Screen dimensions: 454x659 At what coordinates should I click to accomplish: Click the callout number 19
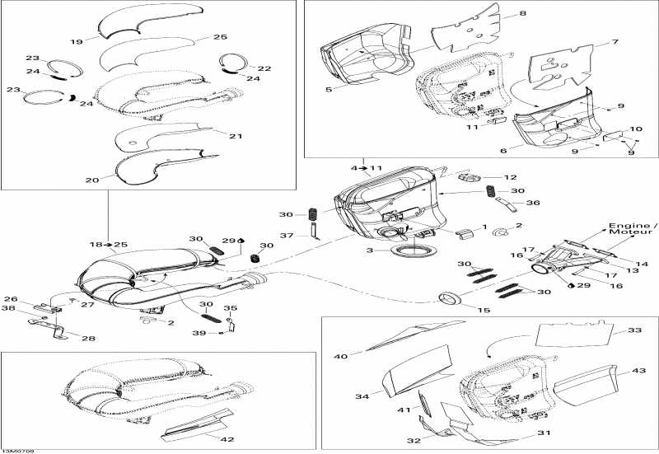pyautogui.click(x=76, y=40)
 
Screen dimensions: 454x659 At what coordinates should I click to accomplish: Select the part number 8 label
pyautogui.click(x=521, y=14)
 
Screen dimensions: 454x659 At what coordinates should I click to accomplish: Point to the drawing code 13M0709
pyautogui.click(x=17, y=450)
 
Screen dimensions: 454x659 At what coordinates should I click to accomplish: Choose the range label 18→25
pyautogui.click(x=109, y=245)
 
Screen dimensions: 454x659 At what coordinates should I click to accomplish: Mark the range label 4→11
pyautogui.click(x=367, y=168)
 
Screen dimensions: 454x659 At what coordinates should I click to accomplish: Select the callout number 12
pyautogui.click(x=510, y=177)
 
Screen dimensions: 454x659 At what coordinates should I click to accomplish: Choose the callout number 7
pyautogui.click(x=615, y=41)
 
